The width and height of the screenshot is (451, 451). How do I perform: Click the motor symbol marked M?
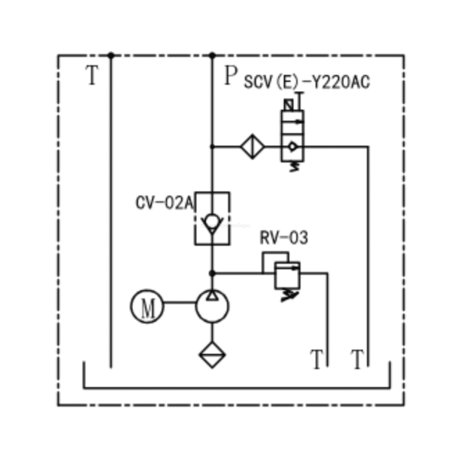pos(147,307)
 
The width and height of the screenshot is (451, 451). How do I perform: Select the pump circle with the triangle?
pos(212,307)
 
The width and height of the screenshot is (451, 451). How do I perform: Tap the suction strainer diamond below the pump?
pos(212,355)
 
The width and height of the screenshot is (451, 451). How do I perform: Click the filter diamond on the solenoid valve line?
pos(253,147)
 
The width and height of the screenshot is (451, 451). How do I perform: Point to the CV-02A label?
pos(165,203)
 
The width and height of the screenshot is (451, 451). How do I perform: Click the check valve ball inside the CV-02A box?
pos(212,221)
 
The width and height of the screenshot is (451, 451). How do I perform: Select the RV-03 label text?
pos(284,238)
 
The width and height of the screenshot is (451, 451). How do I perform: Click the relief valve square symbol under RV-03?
pos(287,275)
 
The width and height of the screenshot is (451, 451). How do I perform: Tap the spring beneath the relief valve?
pos(289,295)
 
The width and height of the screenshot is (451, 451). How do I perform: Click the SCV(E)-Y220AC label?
pos(307,82)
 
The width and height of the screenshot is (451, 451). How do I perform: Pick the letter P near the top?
pos(231,76)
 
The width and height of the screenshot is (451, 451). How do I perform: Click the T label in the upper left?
pos(92,74)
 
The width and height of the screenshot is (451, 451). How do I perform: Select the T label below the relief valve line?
pos(317,359)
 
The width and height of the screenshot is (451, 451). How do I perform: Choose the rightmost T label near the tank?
pos(358,359)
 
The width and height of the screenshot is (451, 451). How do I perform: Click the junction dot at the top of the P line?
pos(212,55)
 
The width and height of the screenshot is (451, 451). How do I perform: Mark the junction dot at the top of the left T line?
pos(111,55)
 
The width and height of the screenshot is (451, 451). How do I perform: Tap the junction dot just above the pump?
pos(212,274)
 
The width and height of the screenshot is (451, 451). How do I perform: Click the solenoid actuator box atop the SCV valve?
pos(289,105)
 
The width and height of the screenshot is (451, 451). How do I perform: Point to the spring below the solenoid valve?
pos(294,167)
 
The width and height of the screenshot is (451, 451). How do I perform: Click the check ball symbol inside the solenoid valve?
pos(292,147)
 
